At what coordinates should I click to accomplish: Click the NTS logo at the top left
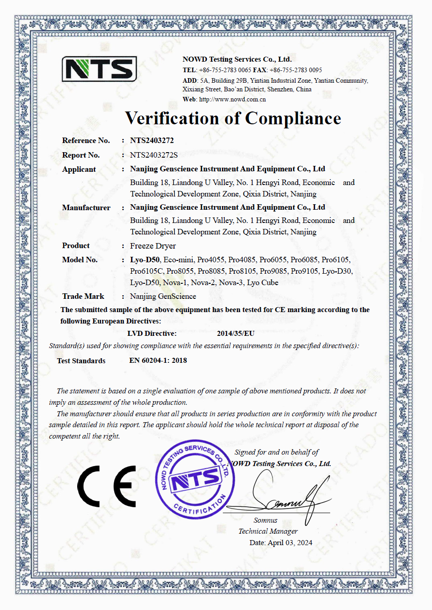[100, 69]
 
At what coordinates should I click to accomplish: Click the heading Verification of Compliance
[233, 118]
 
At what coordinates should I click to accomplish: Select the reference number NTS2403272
[152, 140]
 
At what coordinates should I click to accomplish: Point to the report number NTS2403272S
[153, 155]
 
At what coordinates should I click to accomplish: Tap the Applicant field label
[79, 169]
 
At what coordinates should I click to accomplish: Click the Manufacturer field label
[86, 207]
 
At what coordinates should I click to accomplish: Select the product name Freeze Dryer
[153, 246]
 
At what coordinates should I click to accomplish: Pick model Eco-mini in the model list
[179, 260]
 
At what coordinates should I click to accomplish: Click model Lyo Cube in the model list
[263, 282]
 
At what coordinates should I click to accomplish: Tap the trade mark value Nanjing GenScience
[163, 296]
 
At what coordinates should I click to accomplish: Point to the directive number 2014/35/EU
[236, 334]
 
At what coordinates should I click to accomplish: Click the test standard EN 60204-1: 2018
[158, 361]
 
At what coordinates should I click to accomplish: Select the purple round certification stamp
[195, 480]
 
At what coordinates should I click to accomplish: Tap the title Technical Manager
[268, 531]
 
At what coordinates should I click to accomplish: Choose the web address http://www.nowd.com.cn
[232, 99]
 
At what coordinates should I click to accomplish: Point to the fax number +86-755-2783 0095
[295, 70]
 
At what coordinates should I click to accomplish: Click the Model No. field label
[80, 260]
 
